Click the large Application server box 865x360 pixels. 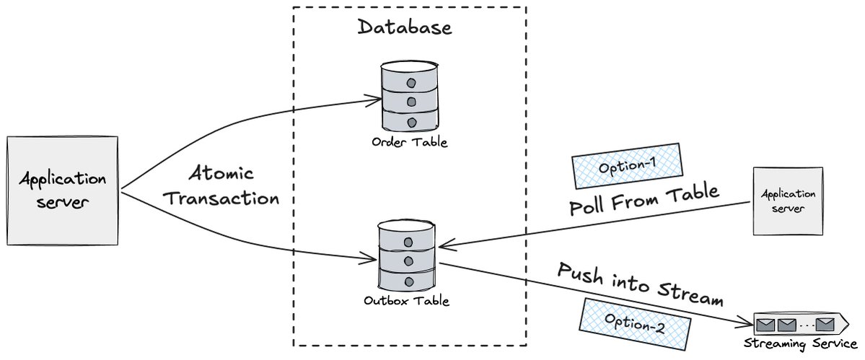click(62, 190)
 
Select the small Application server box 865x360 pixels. click(788, 201)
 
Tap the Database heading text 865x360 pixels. click(405, 28)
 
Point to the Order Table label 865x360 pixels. click(409, 142)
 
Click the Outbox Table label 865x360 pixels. click(407, 301)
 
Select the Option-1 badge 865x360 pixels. click(626, 166)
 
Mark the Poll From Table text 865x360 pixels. click(644, 201)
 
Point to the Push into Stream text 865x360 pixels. click(639, 284)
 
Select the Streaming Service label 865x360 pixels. click(799, 344)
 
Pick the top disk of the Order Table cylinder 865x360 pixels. click(409, 76)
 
